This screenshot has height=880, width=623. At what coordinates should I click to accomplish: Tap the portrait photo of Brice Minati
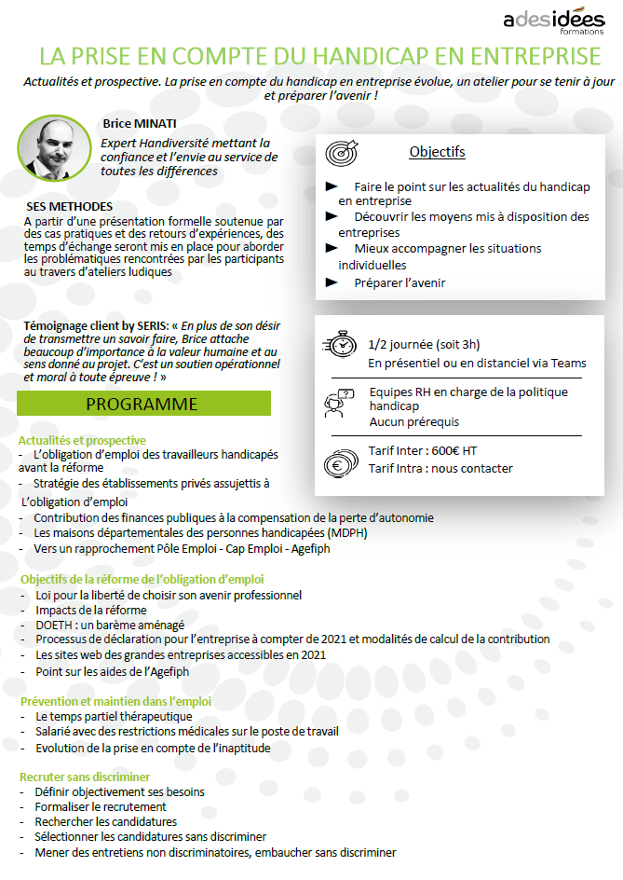(53, 147)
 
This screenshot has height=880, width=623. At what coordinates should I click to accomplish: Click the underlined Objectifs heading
(437, 152)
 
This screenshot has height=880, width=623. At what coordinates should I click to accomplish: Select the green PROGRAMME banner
(144, 404)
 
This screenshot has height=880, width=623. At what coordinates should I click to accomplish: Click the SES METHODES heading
(70, 206)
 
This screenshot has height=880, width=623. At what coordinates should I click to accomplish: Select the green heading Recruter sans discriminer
(86, 777)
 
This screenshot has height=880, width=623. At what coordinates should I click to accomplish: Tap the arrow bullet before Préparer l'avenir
(331, 282)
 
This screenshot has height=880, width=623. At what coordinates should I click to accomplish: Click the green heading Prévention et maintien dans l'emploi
(115, 701)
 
